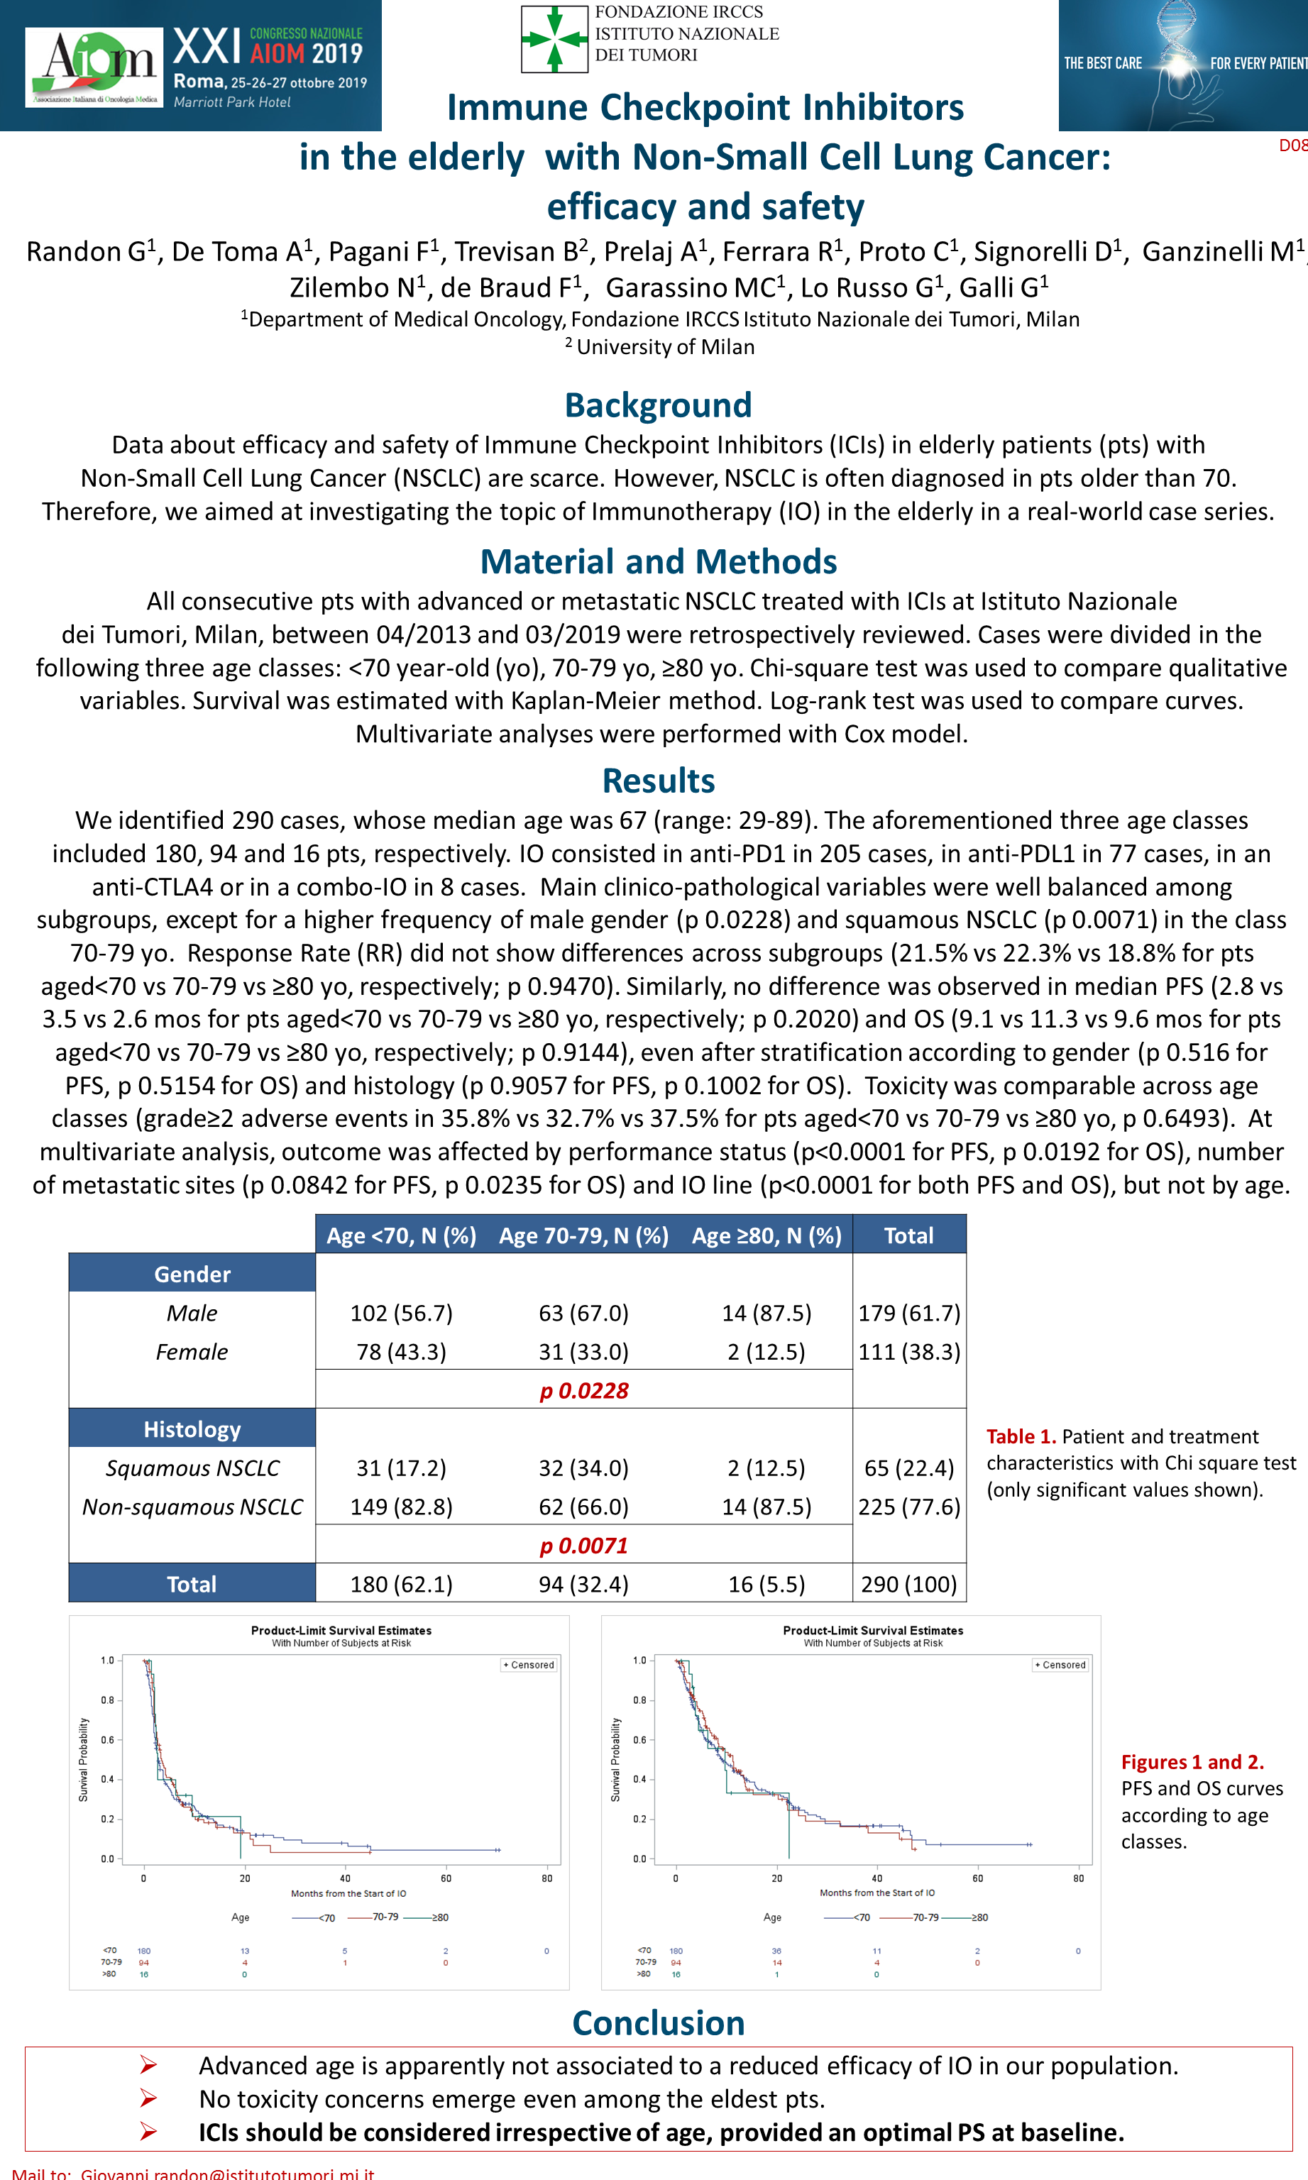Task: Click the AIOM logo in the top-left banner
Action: point(94,66)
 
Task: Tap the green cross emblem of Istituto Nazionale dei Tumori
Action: point(554,39)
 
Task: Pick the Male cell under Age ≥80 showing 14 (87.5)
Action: point(766,1313)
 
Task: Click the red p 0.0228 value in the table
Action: point(583,1390)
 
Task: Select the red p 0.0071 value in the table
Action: point(583,1546)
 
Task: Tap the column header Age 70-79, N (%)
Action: point(583,1235)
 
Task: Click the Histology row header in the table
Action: point(192,1429)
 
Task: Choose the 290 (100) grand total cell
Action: point(908,1585)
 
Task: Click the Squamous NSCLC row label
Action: point(192,1468)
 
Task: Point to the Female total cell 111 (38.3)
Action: point(908,1352)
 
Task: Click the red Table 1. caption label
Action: point(1021,1436)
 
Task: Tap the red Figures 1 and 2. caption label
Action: point(1192,1762)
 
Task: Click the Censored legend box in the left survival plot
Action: point(529,1665)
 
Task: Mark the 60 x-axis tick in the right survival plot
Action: point(977,1878)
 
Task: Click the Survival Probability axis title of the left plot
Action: point(84,1758)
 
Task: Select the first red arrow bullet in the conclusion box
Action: point(148,2066)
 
